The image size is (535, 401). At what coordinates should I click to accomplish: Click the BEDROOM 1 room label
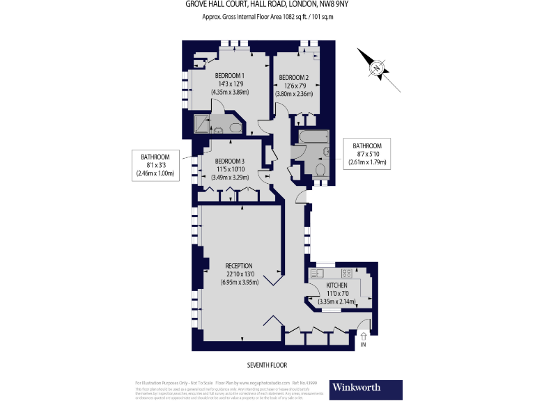point(229,75)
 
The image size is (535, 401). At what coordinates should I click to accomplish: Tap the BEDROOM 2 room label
point(293,77)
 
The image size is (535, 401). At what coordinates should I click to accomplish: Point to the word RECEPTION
point(239,265)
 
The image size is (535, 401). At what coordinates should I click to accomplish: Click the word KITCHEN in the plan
point(337,285)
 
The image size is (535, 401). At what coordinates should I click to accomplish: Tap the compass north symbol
point(377,68)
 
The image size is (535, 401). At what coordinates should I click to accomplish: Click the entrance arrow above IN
point(363,336)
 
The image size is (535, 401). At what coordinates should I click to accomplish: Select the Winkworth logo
point(367,388)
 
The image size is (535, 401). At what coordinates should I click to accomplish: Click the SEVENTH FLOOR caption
point(267,365)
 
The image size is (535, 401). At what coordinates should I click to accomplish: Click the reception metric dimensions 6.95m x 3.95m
point(239,283)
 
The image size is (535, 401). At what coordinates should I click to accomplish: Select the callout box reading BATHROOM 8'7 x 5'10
point(367,154)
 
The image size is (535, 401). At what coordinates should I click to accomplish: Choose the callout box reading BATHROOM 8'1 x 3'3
point(155,165)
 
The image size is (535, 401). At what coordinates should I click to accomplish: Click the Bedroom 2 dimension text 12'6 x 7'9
point(293,86)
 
